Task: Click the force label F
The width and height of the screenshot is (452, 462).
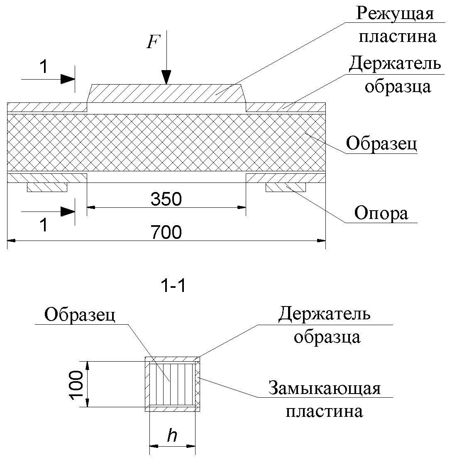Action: click(x=153, y=42)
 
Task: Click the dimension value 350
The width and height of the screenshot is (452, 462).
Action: click(x=166, y=199)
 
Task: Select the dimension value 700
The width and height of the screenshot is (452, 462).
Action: click(x=166, y=232)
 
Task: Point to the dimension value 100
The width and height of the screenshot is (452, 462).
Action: click(x=78, y=384)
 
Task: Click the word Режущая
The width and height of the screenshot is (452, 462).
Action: click(x=395, y=15)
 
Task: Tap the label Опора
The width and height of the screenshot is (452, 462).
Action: click(x=381, y=214)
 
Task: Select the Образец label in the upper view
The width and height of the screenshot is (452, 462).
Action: click(x=381, y=144)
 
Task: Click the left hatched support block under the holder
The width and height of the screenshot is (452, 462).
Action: click(x=47, y=187)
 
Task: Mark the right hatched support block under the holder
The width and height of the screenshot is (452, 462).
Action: click(x=286, y=187)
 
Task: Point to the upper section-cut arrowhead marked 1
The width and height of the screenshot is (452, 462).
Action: click(x=68, y=79)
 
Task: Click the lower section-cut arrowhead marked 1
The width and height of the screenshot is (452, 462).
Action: click(x=68, y=212)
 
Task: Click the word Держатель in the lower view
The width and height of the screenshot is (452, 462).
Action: click(x=324, y=315)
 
